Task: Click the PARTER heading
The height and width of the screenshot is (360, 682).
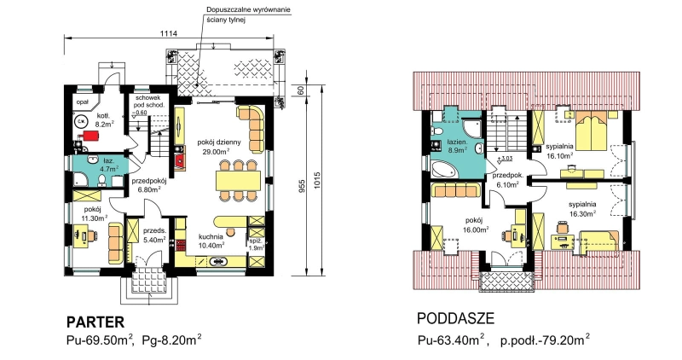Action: tap(95, 322)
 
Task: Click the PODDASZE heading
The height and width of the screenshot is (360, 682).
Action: tap(455, 319)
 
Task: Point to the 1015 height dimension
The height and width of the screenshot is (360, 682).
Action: tap(316, 182)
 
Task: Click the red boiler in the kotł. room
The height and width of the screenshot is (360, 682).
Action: tap(91, 136)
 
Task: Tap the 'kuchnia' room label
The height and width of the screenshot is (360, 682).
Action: tap(211, 236)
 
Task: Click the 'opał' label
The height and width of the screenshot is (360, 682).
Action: tap(82, 102)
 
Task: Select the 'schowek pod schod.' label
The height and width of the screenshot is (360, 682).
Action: tap(149, 102)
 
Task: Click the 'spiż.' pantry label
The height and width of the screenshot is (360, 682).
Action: tap(254, 241)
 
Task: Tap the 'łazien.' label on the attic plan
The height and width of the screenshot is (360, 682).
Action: tap(457, 142)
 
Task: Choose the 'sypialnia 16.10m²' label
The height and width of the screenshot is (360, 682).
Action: tap(559, 150)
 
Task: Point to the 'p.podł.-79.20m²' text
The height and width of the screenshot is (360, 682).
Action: tap(545, 340)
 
